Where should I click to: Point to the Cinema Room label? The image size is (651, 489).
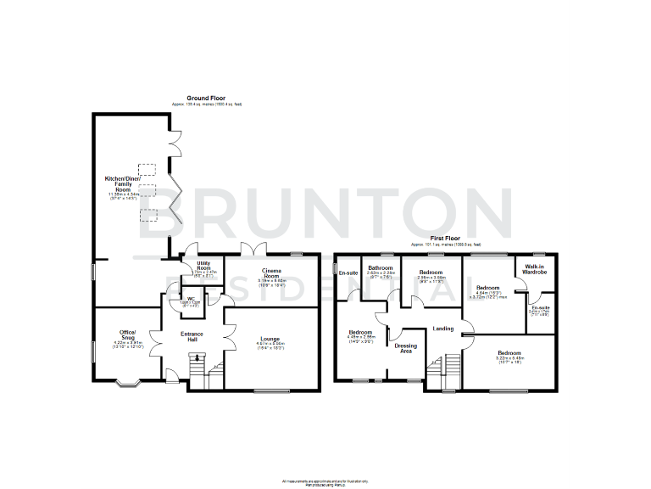[271, 274]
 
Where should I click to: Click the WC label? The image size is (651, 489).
[192, 298]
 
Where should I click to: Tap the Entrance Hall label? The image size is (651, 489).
[192, 337]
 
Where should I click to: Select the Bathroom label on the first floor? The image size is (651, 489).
[380, 269]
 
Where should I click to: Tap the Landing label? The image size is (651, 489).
[442, 329]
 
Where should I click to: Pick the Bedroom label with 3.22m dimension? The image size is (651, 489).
[509, 352]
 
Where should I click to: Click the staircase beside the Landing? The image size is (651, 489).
[449, 372]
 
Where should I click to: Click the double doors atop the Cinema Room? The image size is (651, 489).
[250, 250]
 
